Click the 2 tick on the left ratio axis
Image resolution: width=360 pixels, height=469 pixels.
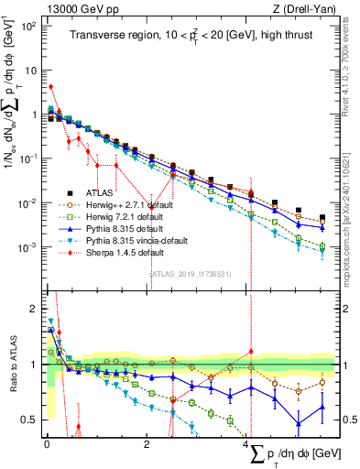pos(32,309)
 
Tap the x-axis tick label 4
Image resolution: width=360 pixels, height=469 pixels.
pos(248,443)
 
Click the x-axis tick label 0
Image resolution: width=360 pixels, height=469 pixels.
pos(47,443)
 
